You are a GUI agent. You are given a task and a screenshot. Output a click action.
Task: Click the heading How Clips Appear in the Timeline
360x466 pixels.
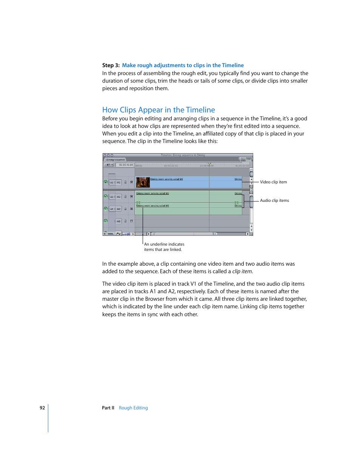pos(158,110)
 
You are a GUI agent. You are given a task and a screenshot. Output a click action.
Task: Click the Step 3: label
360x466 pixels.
pos(111,65)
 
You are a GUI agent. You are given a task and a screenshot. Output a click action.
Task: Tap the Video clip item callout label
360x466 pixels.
pos(273,182)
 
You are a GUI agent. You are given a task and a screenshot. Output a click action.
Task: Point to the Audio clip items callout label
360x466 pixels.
pos(274,200)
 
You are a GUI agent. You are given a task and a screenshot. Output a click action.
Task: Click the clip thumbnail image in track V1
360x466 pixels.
pos(143,182)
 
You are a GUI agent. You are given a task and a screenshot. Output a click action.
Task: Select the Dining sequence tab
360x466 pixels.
pos(115,160)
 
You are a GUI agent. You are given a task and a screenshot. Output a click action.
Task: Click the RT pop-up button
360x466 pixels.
pos(109,165)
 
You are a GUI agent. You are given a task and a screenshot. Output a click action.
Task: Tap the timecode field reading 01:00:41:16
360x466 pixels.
pos(126,165)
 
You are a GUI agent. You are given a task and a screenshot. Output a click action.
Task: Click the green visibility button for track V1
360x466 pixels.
pos(106,182)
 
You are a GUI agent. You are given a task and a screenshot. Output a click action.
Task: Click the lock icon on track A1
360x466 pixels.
pos(126,197)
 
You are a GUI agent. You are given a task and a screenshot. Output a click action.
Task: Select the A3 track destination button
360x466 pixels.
pos(118,221)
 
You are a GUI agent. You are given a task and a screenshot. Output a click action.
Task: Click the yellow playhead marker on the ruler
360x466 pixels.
pos(209,164)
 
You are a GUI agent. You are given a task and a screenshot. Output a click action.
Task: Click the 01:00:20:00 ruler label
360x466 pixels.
pos(171,166)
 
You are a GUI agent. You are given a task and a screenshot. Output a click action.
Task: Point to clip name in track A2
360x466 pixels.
pos(152,206)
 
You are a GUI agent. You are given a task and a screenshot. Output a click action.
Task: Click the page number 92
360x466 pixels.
pos(42,408)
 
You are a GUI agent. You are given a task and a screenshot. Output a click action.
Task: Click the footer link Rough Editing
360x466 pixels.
pos(133,408)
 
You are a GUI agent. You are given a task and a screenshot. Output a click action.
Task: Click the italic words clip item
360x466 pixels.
pos(242,271)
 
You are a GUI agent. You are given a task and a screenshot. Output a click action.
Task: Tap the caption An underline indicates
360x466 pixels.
pos(164,244)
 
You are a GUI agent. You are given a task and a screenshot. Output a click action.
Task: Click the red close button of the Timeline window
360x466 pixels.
pos(105,155)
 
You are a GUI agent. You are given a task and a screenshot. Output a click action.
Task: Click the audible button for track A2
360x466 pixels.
pos(106,209)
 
